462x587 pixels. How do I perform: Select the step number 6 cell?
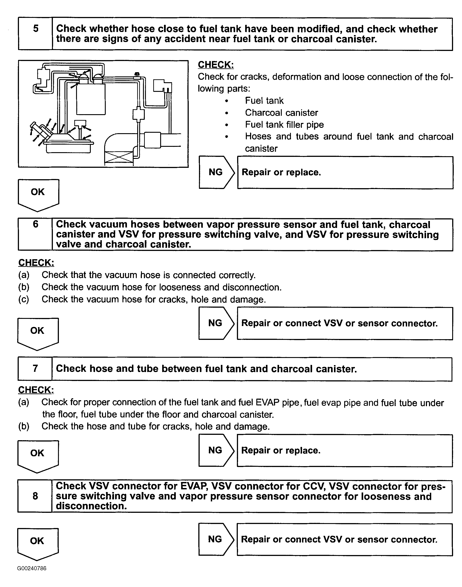[35, 234]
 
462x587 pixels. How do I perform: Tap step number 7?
[35, 369]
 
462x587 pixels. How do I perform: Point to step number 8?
[35, 496]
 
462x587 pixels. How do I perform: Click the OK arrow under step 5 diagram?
[38, 194]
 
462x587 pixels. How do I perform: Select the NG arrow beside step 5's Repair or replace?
[216, 172]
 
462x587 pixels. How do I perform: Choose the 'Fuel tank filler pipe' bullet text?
[284, 125]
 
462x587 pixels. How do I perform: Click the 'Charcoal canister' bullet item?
[281, 113]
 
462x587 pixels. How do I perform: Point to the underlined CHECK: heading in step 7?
[36, 389]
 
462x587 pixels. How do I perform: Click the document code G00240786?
[32, 568]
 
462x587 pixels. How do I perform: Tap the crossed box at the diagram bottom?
[119, 157]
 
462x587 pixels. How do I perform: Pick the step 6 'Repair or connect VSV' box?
[345, 323]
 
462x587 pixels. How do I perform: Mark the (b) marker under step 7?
[24, 426]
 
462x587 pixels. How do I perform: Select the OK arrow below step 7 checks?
[38, 454]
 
